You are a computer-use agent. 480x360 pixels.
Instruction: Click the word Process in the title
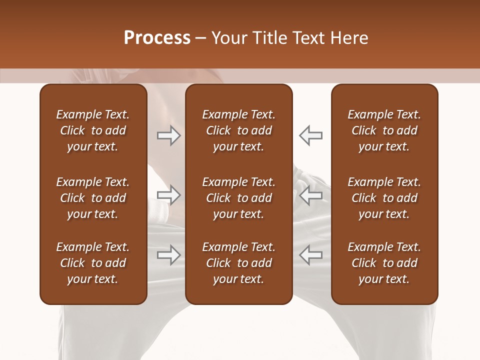point(157,38)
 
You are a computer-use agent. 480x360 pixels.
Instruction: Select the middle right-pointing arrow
point(168,195)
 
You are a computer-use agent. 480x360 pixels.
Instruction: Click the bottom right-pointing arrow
point(168,255)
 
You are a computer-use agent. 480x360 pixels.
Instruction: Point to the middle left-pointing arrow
point(310,195)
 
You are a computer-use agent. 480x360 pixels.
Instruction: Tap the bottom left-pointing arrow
point(310,255)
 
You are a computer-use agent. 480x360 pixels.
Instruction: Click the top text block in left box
point(93,130)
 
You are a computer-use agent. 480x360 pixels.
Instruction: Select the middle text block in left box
point(93,198)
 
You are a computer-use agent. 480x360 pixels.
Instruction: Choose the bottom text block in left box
point(93,263)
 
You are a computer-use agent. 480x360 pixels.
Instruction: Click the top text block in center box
point(238,130)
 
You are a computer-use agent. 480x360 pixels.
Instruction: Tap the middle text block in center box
point(238,198)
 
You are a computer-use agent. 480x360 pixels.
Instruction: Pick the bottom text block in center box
point(238,263)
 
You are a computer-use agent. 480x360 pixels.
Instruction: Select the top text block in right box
point(384,130)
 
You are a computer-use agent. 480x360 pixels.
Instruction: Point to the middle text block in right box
point(384,198)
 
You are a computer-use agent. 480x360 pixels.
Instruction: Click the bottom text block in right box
point(384,263)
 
